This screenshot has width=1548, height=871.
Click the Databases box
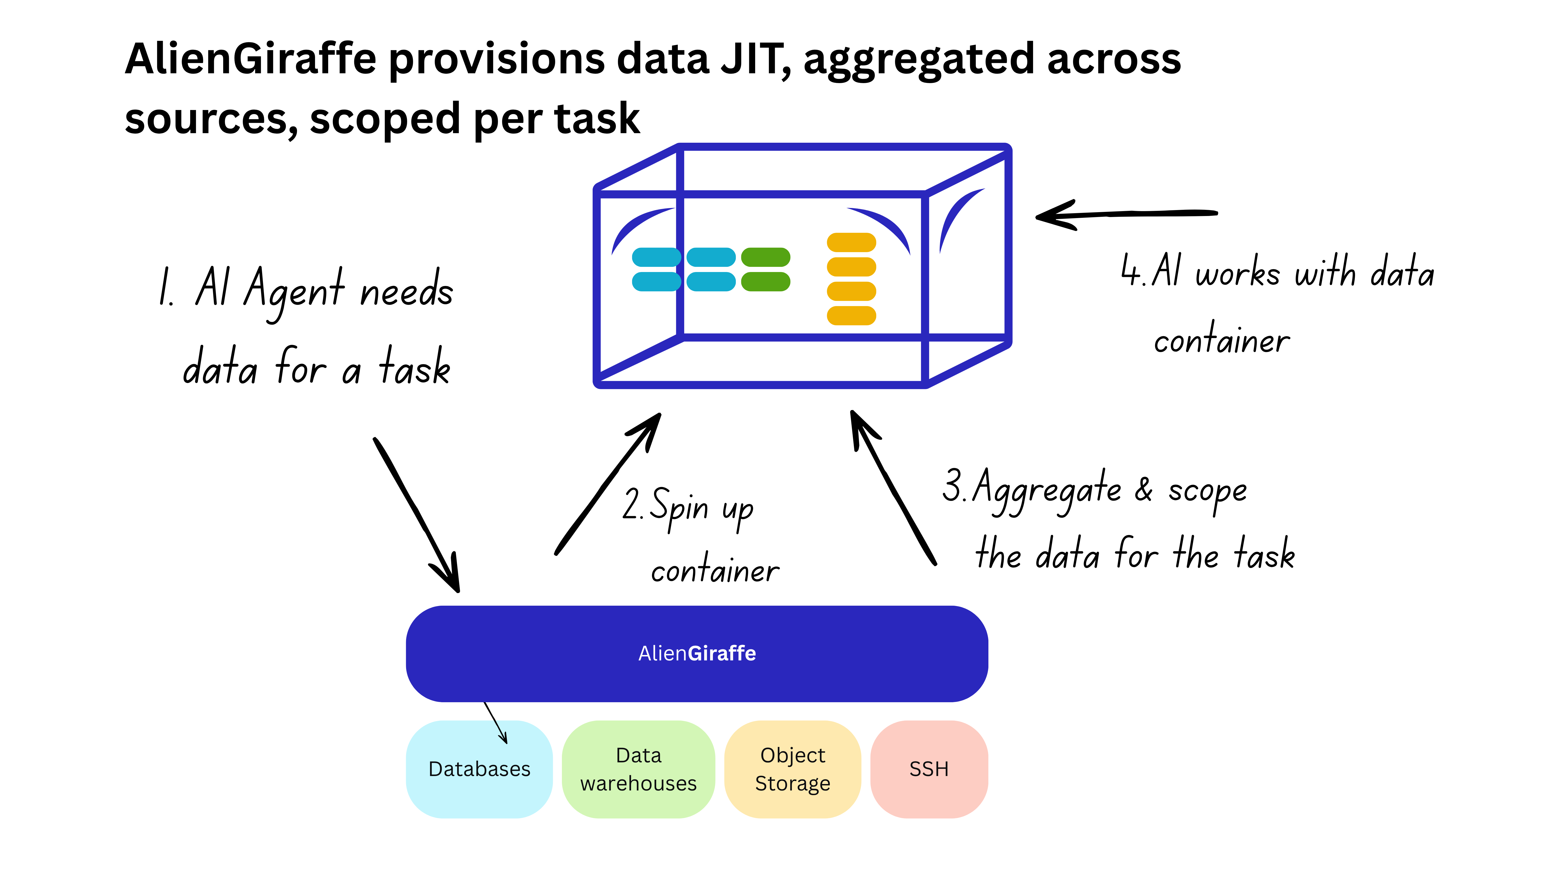pos(479,769)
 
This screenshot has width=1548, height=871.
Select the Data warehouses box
pos(638,769)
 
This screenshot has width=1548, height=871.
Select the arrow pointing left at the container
pos(1124,214)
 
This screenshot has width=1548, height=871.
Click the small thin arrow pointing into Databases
pos(496,723)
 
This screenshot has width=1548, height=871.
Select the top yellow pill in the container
pos(851,243)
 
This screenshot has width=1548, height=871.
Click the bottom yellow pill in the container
pos(851,316)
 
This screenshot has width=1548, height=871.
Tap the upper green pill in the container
pos(765,257)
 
